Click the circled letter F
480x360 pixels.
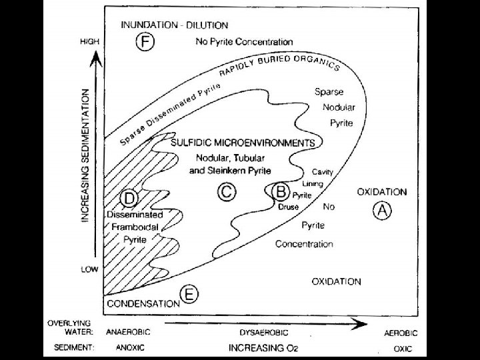[x=145, y=42]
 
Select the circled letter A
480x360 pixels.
[x=382, y=210]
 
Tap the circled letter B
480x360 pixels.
[x=281, y=192]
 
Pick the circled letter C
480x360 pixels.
[x=227, y=192]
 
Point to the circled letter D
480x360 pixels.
[x=130, y=199]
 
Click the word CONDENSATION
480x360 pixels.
[x=143, y=303]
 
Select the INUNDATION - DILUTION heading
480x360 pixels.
[x=175, y=25]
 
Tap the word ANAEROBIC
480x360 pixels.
[x=128, y=331]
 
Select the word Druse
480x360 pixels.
[x=288, y=207]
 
